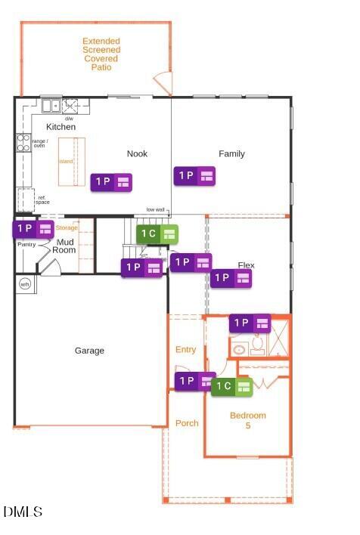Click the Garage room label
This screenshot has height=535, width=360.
(89, 351)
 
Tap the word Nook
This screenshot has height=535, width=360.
(137, 154)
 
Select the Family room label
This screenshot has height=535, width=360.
(231, 154)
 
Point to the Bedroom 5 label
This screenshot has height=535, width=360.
(248, 421)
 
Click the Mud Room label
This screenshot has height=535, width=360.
(64, 246)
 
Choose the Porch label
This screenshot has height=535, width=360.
(187, 423)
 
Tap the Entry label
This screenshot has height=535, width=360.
(185, 350)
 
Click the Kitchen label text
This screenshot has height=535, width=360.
(61, 127)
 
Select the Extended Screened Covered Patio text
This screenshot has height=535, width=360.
(101, 54)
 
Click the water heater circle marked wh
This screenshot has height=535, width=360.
(24, 284)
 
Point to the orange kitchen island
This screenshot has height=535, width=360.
(72, 161)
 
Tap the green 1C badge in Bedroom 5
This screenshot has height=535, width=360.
(231, 387)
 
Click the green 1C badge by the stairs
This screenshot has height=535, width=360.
(157, 233)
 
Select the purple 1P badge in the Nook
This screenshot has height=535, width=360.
(111, 182)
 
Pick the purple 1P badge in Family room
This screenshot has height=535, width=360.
(194, 176)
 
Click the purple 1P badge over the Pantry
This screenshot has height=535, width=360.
(33, 228)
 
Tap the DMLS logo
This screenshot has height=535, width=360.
(23, 512)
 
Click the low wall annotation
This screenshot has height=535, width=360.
(156, 209)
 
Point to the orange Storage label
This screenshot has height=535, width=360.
(67, 227)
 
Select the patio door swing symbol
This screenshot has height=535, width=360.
(163, 82)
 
